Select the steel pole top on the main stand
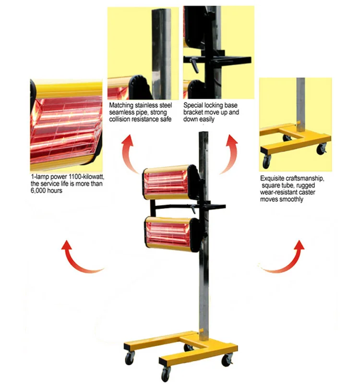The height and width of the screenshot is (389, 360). point(204,139)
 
